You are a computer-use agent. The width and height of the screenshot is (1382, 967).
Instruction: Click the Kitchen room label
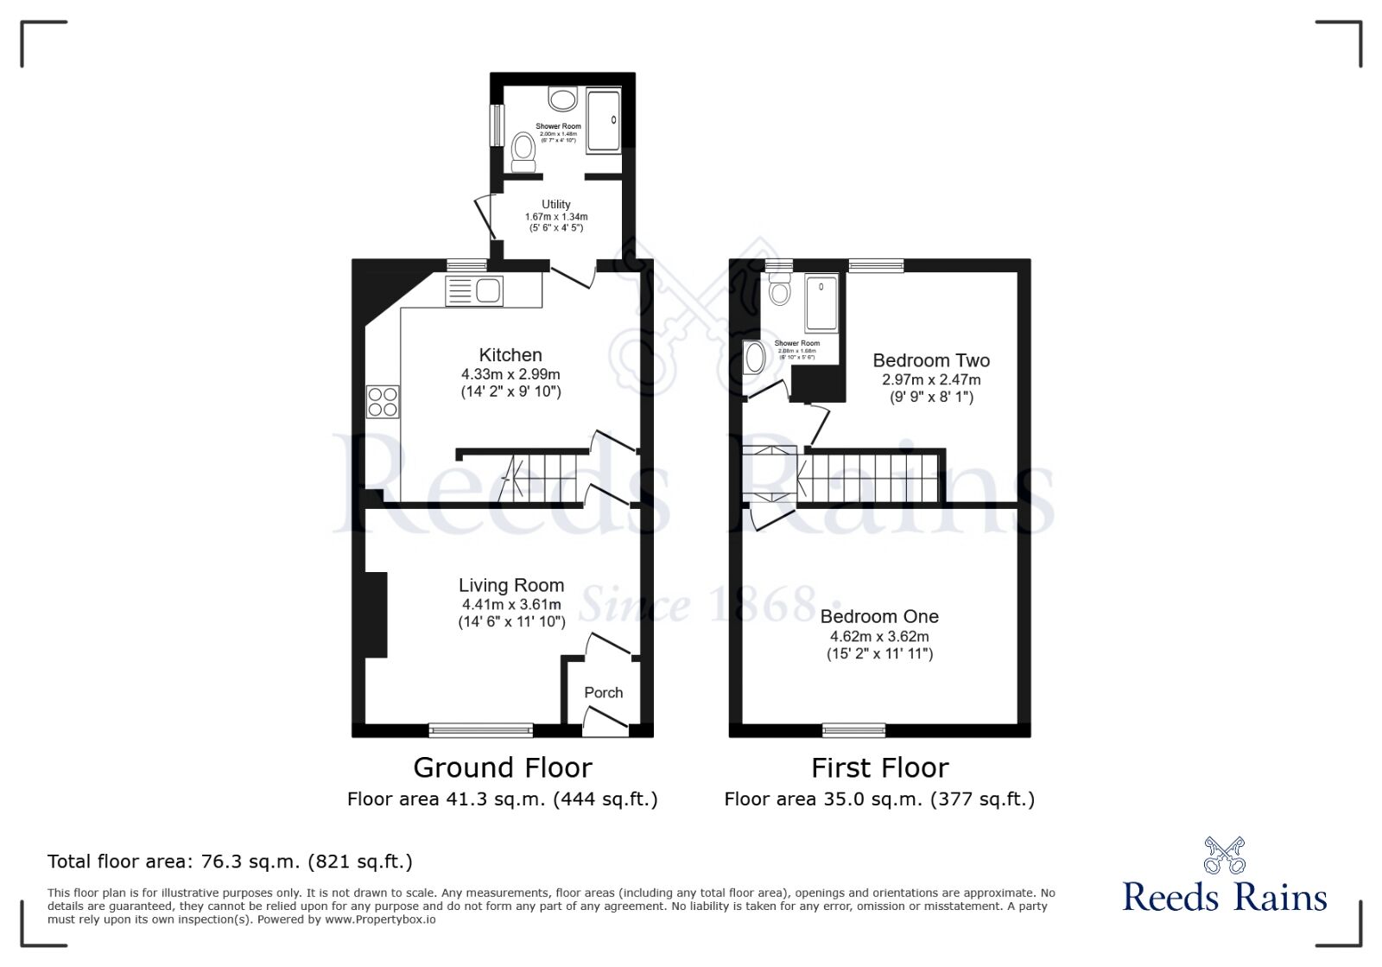click(x=510, y=355)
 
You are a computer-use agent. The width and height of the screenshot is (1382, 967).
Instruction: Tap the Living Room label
click(x=511, y=586)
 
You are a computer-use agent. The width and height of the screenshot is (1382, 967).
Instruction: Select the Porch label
click(x=603, y=692)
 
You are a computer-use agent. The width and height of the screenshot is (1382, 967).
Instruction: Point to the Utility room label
click(x=556, y=205)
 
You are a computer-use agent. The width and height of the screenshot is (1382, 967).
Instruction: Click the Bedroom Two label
click(x=931, y=360)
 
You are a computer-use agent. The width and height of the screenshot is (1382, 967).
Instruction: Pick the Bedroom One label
click(x=879, y=616)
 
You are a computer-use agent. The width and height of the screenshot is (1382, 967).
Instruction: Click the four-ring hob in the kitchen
click(x=383, y=401)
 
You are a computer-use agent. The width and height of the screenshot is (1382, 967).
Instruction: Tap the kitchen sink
click(x=488, y=291)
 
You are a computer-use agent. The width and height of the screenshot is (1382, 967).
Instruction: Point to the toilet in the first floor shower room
click(x=780, y=290)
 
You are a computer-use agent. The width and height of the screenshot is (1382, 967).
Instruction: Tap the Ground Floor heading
click(x=503, y=767)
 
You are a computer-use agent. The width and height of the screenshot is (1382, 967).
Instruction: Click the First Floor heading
click(x=879, y=767)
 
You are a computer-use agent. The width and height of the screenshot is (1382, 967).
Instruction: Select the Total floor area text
click(x=230, y=862)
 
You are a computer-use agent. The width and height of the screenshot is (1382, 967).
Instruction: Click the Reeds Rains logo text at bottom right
click(x=1224, y=897)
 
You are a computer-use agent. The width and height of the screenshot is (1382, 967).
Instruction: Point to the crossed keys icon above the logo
click(x=1225, y=855)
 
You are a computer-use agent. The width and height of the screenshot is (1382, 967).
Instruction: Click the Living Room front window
click(x=481, y=730)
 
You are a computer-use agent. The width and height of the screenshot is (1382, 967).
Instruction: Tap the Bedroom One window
click(x=853, y=730)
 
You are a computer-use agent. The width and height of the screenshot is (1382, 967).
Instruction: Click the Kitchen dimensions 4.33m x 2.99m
click(x=510, y=374)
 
